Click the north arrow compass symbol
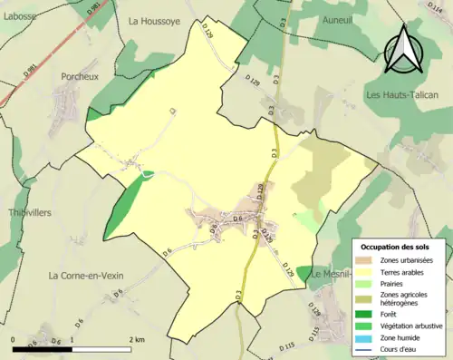tap(404, 50)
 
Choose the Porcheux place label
tap(80, 77)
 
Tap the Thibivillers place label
tap(26, 211)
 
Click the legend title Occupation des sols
tap(399, 246)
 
